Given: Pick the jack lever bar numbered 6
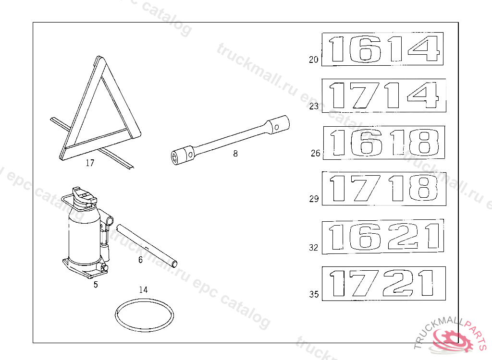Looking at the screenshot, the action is (x=147, y=246).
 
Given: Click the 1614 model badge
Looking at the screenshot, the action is (x=382, y=49).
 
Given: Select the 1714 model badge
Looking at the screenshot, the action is (x=384, y=96).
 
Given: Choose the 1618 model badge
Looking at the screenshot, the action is (x=384, y=143).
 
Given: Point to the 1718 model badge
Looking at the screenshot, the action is (x=384, y=189).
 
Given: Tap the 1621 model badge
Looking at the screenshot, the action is (x=383, y=237).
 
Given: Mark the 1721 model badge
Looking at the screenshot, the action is (x=384, y=284).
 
